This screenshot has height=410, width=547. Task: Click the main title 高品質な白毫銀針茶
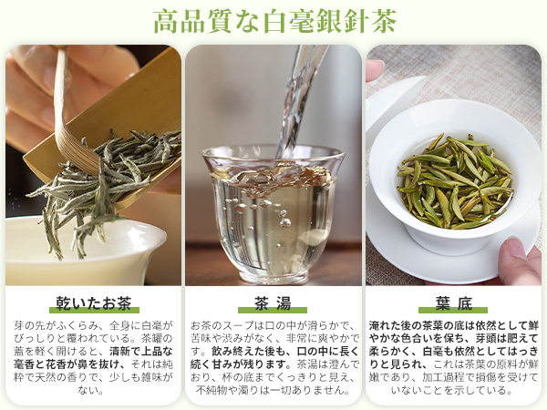pos(273,20)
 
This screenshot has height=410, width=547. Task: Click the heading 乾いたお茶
pos(92,302)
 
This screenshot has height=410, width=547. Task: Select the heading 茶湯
pos(273,302)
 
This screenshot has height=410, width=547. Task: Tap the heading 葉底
pos(453,302)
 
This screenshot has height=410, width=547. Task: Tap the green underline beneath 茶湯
pos(273,312)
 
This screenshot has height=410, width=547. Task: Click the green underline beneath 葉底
pos(453,312)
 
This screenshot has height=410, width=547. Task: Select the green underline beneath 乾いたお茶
pos(92,312)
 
